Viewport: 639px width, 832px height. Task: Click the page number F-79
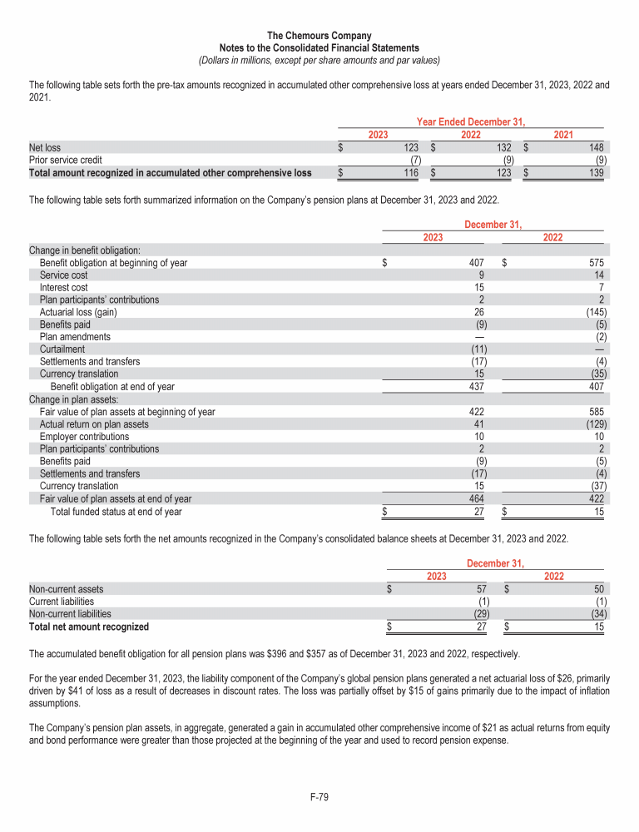pos(319,798)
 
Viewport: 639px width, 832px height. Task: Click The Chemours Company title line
pos(319,36)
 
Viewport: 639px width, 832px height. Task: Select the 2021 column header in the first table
pos(563,135)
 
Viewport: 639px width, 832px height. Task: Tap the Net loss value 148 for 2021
pos(595,148)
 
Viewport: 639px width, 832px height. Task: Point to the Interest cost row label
pos(63,287)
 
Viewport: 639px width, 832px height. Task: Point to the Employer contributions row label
pos(84,437)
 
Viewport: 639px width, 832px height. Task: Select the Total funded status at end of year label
pos(116,512)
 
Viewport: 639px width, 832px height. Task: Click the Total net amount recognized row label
pos(89,626)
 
